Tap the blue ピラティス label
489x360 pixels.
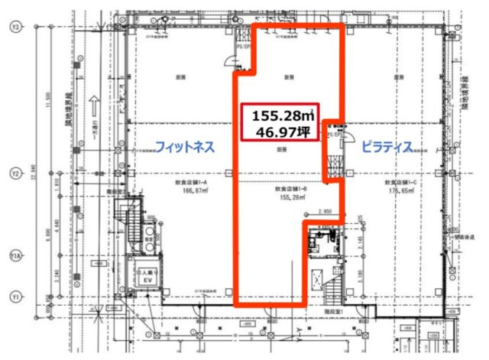click(x=387, y=145)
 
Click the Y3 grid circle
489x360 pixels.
click(x=15, y=27)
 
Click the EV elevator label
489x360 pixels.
click(x=145, y=279)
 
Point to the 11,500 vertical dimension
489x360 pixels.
click(x=49, y=103)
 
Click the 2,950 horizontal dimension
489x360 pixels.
click(x=324, y=211)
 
